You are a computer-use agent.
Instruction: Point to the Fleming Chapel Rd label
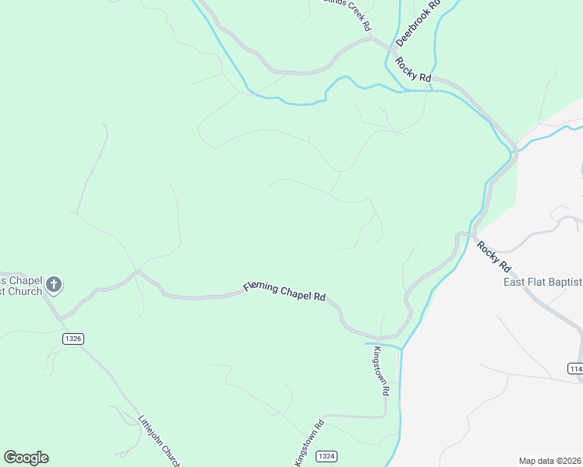[x=284, y=292]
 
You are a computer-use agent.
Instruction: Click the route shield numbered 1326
[x=72, y=339]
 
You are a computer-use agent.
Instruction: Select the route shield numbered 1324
[x=328, y=455]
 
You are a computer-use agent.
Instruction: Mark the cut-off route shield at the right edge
[x=575, y=367]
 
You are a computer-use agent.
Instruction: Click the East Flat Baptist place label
[x=542, y=282]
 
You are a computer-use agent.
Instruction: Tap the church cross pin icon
[x=54, y=285]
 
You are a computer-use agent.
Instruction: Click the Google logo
[x=26, y=458]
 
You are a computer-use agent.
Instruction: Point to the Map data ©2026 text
[x=550, y=461]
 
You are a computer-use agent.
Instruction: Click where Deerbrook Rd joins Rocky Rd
[x=389, y=49]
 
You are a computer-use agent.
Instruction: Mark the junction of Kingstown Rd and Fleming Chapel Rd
[x=377, y=339]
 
